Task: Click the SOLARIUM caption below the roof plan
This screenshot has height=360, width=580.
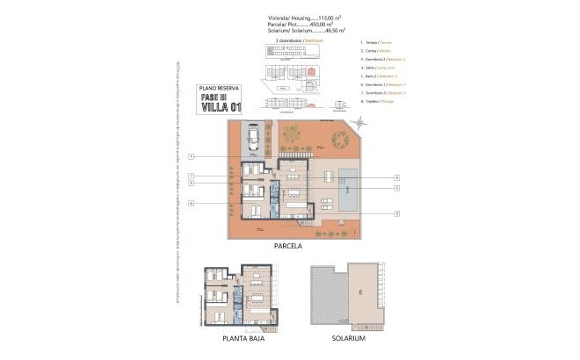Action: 349,338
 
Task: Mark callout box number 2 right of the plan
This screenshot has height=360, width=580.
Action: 396,213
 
